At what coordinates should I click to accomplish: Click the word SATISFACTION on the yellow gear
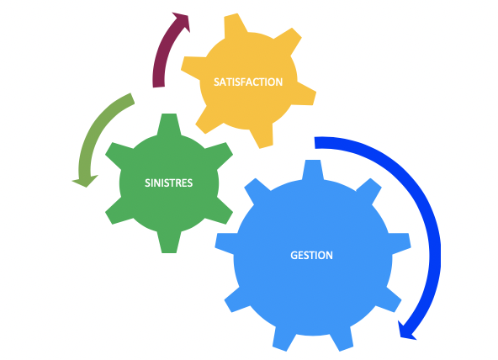pos(248,82)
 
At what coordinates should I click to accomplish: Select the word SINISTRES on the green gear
pos(168,183)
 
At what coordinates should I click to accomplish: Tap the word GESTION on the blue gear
pos(311,255)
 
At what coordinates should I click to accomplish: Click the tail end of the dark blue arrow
pos(315,143)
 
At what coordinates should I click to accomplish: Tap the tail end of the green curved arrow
pos(132,98)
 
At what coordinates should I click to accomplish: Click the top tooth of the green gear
pos(169,124)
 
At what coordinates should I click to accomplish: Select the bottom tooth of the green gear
pos(169,242)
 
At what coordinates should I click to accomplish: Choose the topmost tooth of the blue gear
pos(313,170)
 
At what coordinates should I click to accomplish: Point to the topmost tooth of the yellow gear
pos(236,25)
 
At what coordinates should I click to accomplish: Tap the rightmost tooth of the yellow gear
pos(306,93)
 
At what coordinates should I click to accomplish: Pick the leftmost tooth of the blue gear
pos(225,243)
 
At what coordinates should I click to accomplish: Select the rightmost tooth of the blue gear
pos(400,243)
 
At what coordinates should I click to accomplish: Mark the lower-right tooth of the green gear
pos(220,211)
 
